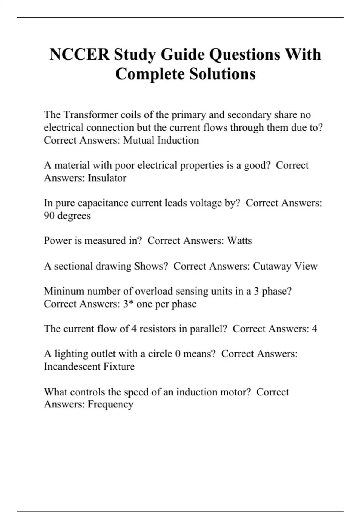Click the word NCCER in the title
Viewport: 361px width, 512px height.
[x=79, y=55]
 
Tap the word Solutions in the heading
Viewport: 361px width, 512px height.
[x=222, y=74]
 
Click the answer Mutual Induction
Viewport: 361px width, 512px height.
[x=161, y=140]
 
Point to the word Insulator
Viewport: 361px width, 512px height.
[x=107, y=178]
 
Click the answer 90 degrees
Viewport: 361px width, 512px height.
[x=67, y=216]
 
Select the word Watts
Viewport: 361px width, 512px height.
[x=239, y=241]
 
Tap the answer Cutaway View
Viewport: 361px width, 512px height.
[x=285, y=266]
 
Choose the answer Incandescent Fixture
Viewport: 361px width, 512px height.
[x=89, y=367]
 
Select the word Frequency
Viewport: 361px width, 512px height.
[x=110, y=404]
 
